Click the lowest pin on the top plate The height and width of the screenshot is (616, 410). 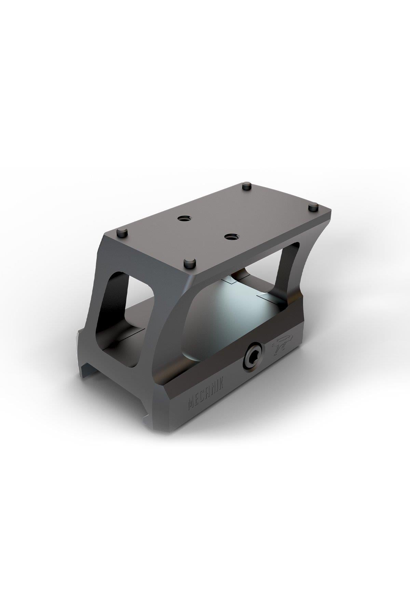coord(189,264)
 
